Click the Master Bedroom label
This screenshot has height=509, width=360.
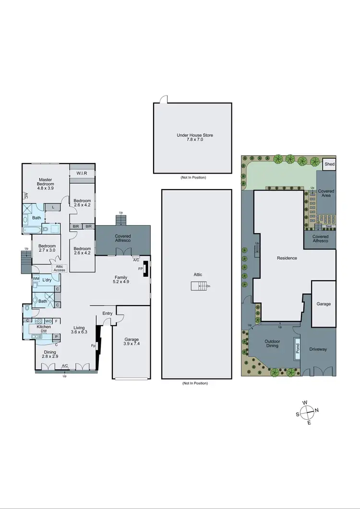46,182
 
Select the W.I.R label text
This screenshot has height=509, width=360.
82,173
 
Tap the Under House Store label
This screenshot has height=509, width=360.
194,135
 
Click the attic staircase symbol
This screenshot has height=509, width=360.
199,286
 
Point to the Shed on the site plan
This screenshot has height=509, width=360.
329,164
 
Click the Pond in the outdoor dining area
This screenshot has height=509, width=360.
298,350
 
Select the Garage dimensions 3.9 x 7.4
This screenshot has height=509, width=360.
132,344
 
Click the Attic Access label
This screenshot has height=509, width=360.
59,268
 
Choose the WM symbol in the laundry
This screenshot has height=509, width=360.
36,279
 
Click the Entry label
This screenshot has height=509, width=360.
108,314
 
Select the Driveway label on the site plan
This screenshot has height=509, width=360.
318,349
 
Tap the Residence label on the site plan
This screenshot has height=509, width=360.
287,258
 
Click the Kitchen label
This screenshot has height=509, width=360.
44,327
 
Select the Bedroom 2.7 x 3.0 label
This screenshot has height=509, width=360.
47,249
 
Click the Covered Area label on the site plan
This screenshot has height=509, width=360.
326,194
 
